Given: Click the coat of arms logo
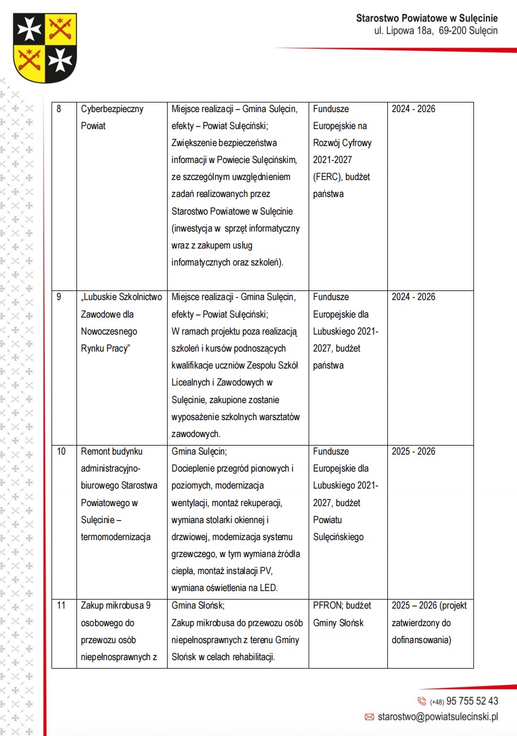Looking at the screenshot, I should point(45,48).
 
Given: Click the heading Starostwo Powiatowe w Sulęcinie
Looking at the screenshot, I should point(426,18).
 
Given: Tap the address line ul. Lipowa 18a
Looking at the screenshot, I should point(403,31).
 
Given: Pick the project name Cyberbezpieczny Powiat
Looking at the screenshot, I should point(112,117).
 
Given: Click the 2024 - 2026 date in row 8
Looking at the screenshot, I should point(413,109).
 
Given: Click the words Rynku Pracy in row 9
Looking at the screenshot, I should point(105,348).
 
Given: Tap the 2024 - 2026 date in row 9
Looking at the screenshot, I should point(413,297).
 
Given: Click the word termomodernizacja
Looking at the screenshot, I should point(116,537).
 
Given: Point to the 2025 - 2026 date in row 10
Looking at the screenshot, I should point(413,452).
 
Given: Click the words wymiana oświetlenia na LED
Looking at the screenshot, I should point(224,588).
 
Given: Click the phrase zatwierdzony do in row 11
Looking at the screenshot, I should point(421,623).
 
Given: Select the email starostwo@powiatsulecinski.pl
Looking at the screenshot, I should point(438,717).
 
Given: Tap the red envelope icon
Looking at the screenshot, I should point(369,717).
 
